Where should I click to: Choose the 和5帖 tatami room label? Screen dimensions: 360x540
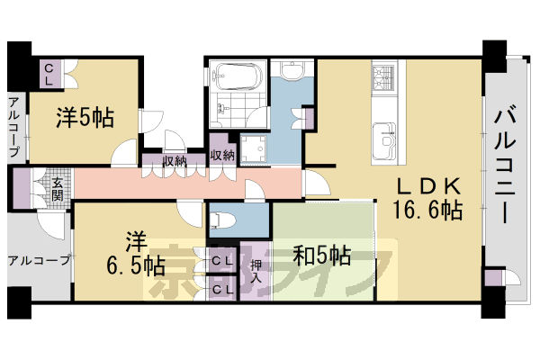click(321, 255)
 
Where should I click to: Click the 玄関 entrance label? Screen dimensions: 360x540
click(57, 191)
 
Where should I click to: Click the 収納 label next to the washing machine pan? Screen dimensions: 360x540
click(221, 154)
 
